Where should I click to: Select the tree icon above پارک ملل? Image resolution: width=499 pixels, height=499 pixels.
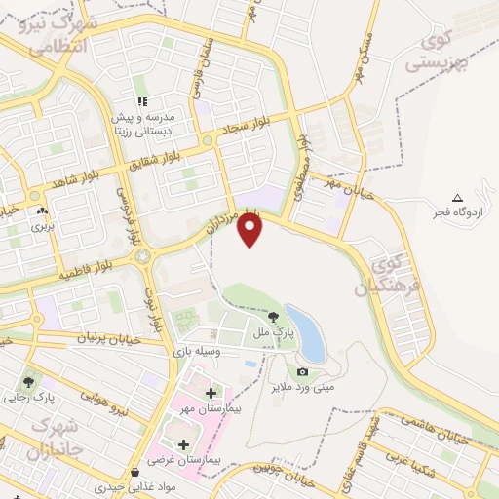click(x=274, y=317)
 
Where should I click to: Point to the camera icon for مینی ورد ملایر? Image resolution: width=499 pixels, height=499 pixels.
click(x=302, y=371)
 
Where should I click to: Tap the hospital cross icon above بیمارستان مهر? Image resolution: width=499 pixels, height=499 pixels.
click(x=211, y=393)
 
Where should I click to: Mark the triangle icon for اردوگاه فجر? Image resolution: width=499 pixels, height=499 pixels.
click(x=458, y=198)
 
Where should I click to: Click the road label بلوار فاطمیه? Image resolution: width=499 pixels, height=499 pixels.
click(x=94, y=264)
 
